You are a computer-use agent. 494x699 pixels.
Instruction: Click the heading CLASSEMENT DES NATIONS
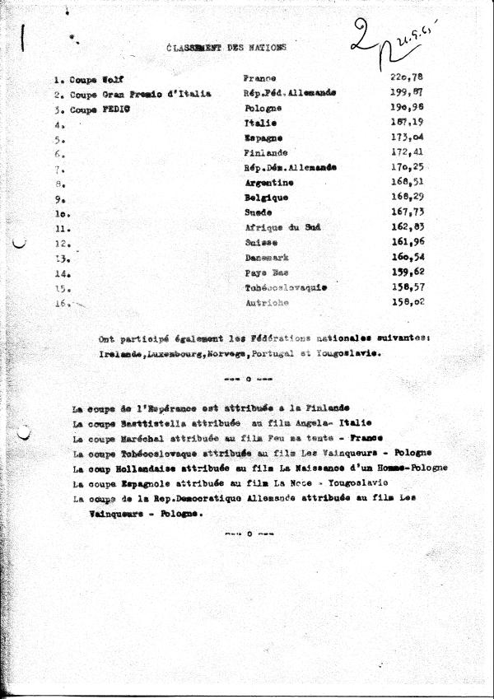[226, 48]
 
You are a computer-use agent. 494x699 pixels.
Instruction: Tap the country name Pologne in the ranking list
[263, 108]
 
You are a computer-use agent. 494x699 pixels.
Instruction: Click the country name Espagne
[263, 137]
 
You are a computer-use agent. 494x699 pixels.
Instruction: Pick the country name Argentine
[268, 183]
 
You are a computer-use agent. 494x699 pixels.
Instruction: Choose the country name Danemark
[268, 258]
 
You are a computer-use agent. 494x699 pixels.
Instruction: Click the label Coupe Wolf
[82, 79]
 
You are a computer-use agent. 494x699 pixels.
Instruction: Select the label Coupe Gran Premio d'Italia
[128, 94]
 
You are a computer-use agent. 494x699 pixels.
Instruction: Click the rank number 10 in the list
[59, 213]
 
